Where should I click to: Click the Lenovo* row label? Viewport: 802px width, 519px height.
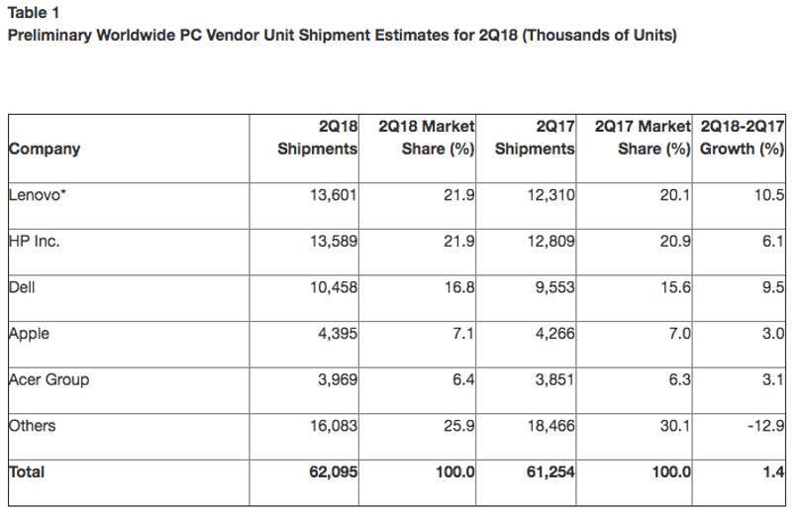point(38,195)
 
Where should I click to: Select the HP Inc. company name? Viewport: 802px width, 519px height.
point(35,241)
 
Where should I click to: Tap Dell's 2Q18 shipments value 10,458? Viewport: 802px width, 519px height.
point(334,287)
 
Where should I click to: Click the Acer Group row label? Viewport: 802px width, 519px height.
point(50,379)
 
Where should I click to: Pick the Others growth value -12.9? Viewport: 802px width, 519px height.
point(765,425)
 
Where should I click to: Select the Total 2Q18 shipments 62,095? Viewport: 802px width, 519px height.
point(334,471)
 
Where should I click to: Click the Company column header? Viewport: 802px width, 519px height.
point(45,149)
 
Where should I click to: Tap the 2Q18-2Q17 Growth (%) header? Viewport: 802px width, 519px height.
point(743,137)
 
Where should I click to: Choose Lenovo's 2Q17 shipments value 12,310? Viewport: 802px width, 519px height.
point(551,195)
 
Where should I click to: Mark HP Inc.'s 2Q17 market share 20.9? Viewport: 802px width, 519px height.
point(675,241)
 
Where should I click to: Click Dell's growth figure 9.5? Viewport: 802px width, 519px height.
point(773,287)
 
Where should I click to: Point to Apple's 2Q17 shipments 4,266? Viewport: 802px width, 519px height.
point(554,333)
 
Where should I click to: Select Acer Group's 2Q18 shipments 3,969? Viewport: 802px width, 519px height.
point(338,379)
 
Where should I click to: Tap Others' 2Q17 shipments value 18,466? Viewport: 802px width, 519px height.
point(551,425)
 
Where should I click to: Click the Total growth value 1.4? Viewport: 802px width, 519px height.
point(773,471)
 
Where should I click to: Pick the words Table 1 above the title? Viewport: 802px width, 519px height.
point(34,12)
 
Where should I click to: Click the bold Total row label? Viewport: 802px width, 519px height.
point(27,471)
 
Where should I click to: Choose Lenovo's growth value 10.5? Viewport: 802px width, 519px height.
point(769,195)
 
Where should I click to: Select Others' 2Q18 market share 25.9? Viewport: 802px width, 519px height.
point(459,425)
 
